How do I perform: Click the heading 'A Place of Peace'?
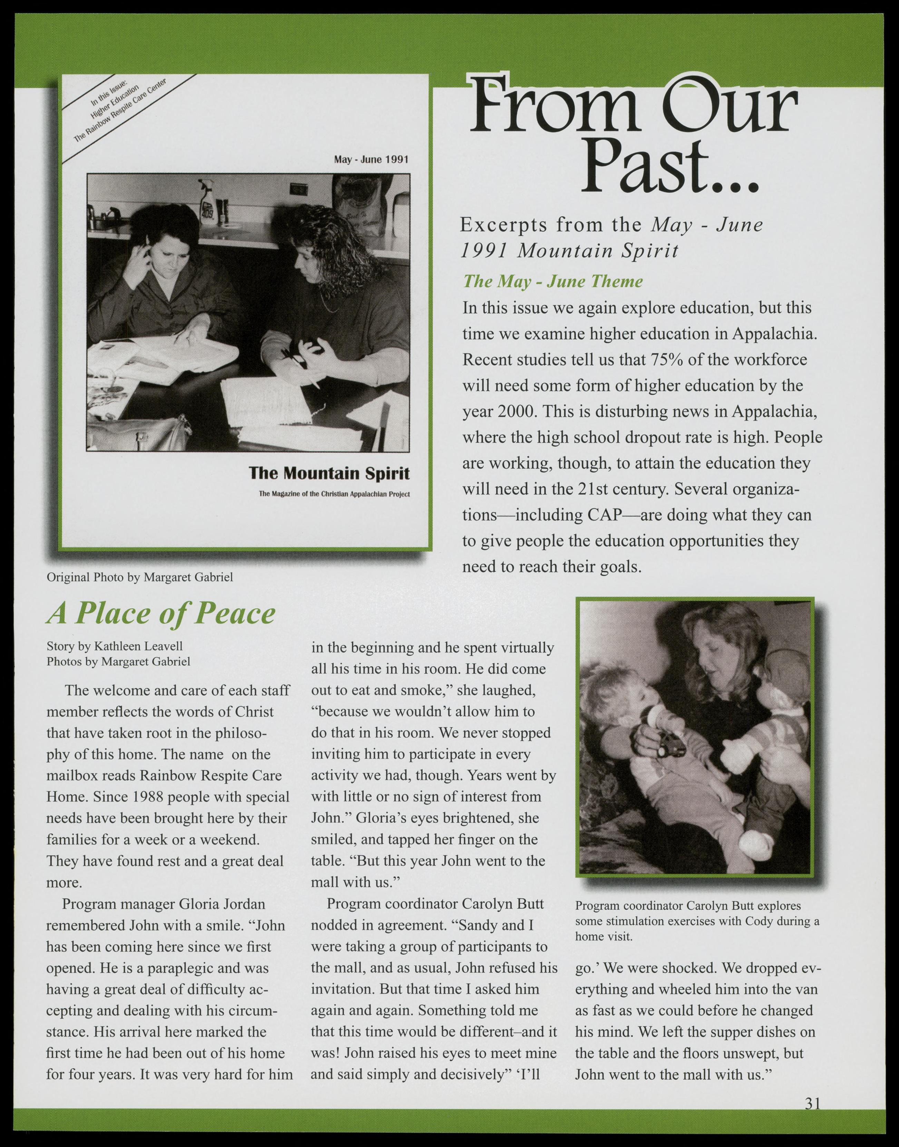tap(161, 614)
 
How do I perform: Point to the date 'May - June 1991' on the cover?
tap(371, 160)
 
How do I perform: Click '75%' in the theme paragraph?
tap(668, 360)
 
